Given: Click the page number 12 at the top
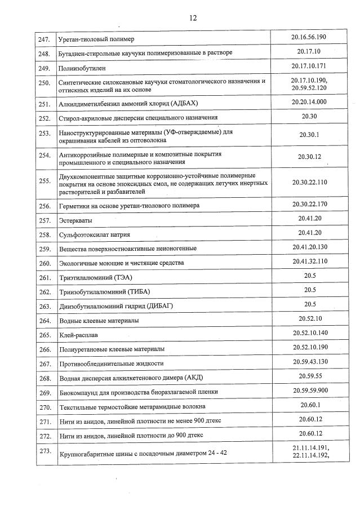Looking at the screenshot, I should [x=193, y=17].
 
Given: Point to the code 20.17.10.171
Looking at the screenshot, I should [x=309, y=66].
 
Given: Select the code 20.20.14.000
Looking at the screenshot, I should [x=309, y=102].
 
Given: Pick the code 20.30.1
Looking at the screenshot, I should [x=309, y=135].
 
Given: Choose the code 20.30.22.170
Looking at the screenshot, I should [x=309, y=203].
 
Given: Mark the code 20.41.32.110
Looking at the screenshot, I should [x=309, y=261].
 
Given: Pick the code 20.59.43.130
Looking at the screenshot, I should [x=309, y=361].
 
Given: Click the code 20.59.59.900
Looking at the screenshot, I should [x=309, y=390].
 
